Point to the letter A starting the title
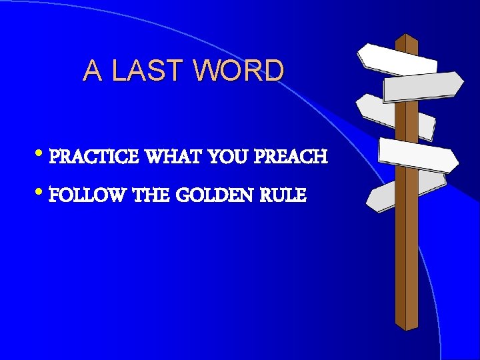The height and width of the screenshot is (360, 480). click(x=93, y=70)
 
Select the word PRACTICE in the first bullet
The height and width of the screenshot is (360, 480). click(x=94, y=157)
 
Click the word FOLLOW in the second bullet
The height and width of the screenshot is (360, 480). click(x=89, y=195)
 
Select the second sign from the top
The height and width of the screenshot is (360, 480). click(x=423, y=86)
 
